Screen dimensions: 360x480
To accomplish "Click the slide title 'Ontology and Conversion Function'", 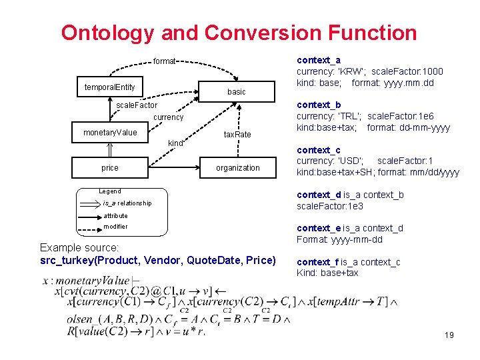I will [x=239, y=33].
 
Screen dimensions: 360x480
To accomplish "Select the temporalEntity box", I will [x=109, y=87].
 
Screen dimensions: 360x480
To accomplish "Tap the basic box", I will [x=236, y=91].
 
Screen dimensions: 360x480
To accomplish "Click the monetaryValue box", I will [x=109, y=133].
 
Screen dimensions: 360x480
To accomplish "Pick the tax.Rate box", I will [x=237, y=135].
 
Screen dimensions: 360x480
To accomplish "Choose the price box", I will [x=109, y=167].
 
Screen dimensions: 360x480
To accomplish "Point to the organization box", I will [x=237, y=168].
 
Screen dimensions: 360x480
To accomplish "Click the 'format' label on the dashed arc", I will [x=164, y=61].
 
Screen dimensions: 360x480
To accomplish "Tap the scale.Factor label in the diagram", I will [x=137, y=105].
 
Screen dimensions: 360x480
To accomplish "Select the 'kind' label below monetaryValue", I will [x=175, y=143].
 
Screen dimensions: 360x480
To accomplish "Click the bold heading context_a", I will [x=318, y=60].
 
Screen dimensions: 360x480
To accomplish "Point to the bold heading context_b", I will [x=318, y=105].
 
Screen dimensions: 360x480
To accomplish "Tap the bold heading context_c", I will [x=318, y=150].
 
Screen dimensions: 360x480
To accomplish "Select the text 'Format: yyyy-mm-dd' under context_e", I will [x=339, y=239].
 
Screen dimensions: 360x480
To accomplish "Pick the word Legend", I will [x=109, y=191].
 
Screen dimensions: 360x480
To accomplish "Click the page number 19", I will [x=449, y=335].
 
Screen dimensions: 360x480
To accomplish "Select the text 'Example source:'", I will [x=79, y=247].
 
